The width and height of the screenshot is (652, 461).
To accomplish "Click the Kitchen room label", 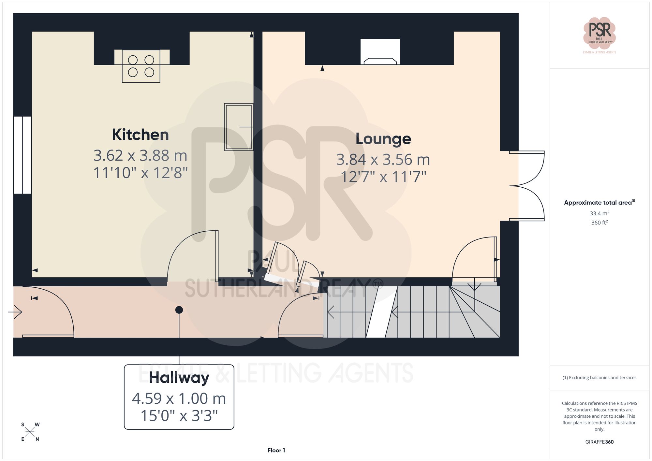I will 140,135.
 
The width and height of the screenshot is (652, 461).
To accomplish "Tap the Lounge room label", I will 383,139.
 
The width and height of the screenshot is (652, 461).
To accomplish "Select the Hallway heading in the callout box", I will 179,378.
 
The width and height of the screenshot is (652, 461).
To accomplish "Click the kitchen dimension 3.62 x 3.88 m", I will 140,155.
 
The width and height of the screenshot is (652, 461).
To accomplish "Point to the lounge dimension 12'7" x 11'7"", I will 383,177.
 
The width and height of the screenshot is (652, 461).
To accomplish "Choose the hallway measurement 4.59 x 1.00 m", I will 179,398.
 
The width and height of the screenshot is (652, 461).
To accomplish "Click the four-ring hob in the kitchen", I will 141,66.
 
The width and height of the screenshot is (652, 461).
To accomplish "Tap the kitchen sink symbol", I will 238,127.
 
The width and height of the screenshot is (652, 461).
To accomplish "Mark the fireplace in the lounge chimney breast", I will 380,52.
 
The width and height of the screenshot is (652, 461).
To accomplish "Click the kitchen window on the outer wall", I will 22,155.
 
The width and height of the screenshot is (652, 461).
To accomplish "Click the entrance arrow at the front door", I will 15,312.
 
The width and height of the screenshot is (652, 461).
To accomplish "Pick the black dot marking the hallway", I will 179,310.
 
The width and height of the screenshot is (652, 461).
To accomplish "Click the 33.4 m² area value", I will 599,213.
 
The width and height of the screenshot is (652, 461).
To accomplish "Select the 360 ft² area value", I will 599,223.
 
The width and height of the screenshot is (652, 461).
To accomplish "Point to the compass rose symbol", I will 30,432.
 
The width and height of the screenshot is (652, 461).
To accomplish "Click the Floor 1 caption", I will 276,450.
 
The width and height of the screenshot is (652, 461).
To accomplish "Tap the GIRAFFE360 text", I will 599,442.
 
